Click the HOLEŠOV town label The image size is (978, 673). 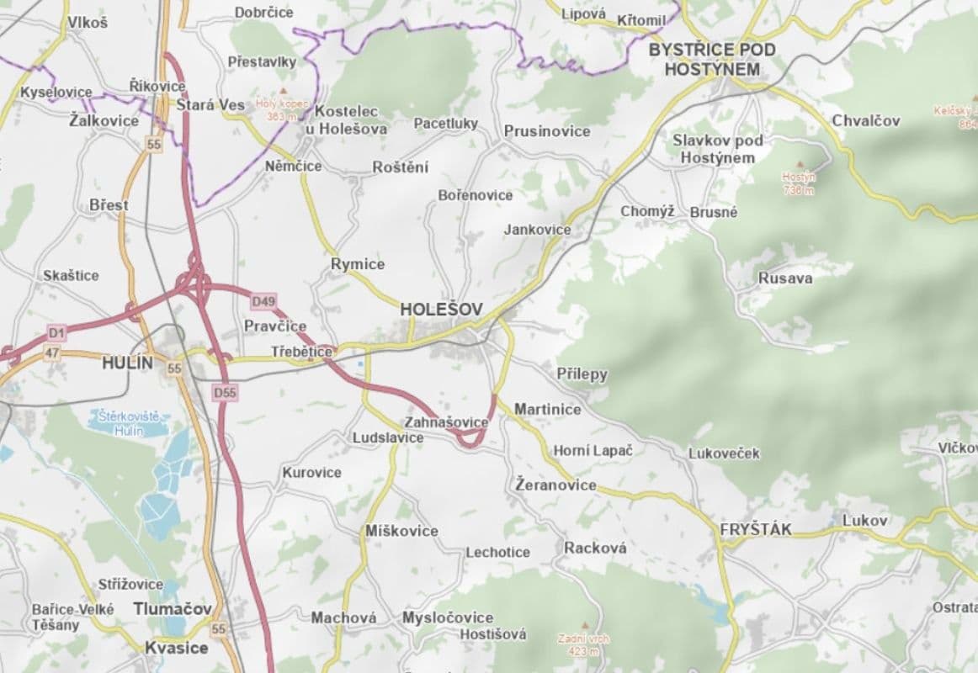pyautogui.click(x=441, y=310)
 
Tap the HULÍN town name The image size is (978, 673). pyautogui.click(x=128, y=363)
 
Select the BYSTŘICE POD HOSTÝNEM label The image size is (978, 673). pyautogui.click(x=711, y=60)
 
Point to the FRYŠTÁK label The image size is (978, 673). pyautogui.click(x=755, y=529)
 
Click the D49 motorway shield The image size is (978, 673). pyautogui.click(x=263, y=300)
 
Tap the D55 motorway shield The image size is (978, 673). pyautogui.click(x=224, y=392)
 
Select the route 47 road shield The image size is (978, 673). pyautogui.click(x=52, y=353)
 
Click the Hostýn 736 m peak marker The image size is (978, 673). pyautogui.click(x=798, y=165)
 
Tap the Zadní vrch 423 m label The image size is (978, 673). pyautogui.click(x=583, y=644)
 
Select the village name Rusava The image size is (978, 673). pyautogui.click(x=785, y=278)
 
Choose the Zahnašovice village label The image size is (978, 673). pyautogui.click(x=446, y=421)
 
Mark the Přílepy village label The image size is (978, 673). pyautogui.click(x=582, y=374)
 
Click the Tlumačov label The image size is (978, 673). pyautogui.click(x=173, y=608)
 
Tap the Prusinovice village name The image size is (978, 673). pyautogui.click(x=547, y=131)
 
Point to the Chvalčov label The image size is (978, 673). pyautogui.click(x=865, y=120)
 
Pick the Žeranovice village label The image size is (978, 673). pyautogui.click(x=555, y=485)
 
